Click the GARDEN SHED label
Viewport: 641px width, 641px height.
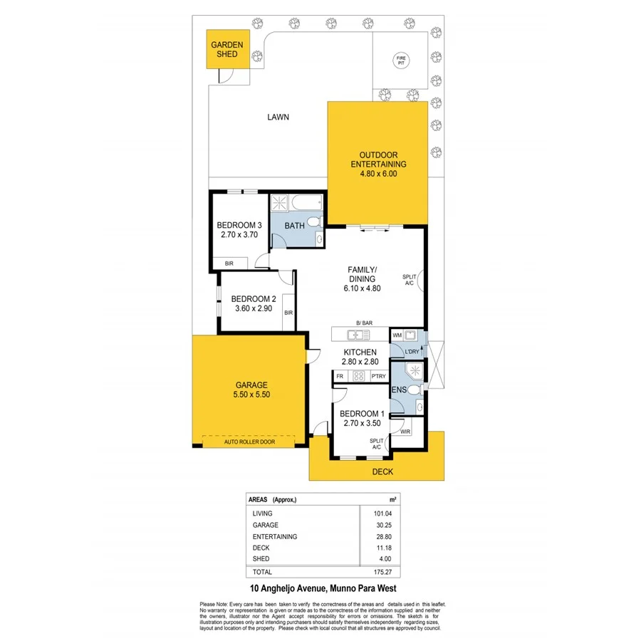pos(227,50)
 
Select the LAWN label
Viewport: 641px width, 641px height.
pos(278,118)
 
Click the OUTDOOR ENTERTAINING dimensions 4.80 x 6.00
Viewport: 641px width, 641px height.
pos(377,173)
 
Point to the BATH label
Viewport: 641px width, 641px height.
pos(294,226)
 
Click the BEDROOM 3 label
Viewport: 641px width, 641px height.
pos(239,226)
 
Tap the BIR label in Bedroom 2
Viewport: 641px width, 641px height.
pos(288,313)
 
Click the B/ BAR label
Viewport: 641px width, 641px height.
pos(364,323)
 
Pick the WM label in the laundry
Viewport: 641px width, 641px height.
pos(397,334)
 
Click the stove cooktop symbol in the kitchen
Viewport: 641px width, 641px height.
pos(359,376)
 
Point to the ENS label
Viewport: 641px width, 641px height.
pos(399,390)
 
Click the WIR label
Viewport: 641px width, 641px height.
pos(405,432)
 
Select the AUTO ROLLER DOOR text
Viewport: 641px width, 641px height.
pos(249,442)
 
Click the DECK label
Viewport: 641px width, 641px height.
pos(383,471)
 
